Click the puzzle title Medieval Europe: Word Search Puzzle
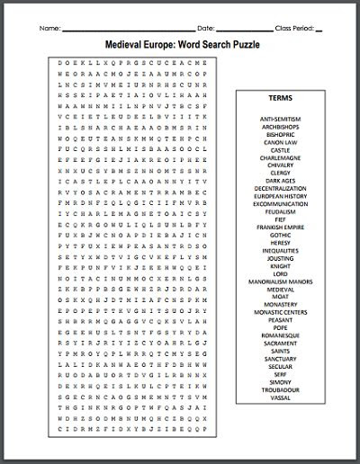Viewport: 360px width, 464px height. point(180,42)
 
